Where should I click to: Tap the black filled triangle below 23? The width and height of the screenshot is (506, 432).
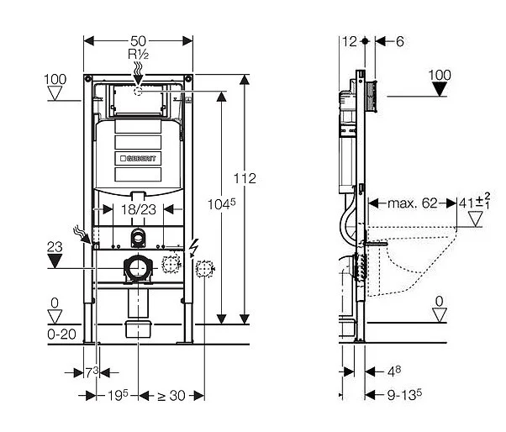(56, 261)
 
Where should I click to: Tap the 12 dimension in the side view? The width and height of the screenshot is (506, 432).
(351, 41)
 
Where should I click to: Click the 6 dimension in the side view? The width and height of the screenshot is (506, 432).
(400, 41)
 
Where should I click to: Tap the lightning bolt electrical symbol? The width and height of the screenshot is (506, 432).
(195, 245)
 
